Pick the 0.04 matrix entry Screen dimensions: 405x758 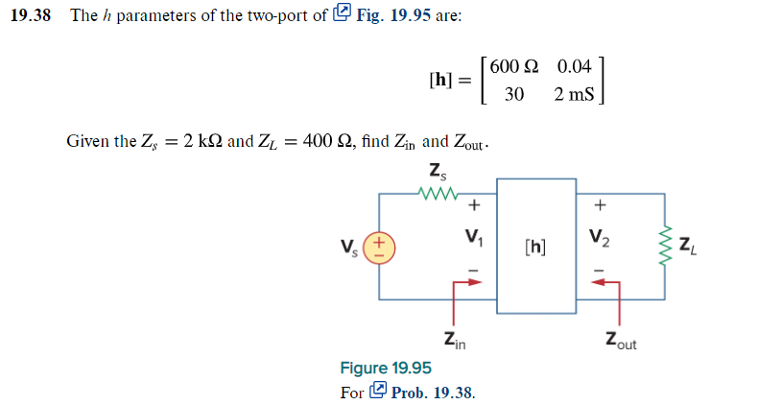point(574,68)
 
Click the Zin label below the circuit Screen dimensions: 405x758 point(454,340)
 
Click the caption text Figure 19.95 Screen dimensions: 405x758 point(386,369)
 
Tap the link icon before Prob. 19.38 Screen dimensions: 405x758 point(378,392)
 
